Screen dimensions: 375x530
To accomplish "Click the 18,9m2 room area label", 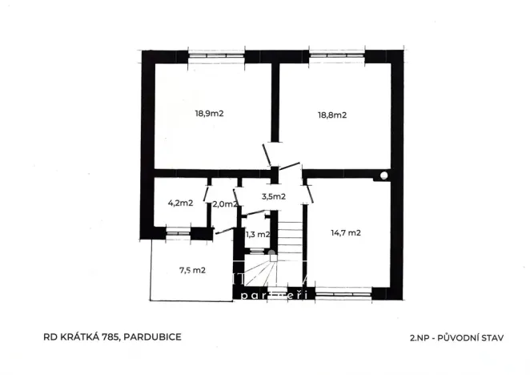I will (209, 114).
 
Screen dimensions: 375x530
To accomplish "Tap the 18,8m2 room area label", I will (331, 115).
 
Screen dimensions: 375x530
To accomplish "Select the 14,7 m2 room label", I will (346, 233).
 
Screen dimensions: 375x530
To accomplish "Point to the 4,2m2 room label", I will (179, 203).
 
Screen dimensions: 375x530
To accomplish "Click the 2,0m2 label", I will (224, 204).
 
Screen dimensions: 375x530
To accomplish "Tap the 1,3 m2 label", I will (257, 234).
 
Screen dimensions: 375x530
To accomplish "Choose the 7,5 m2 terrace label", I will (193, 270).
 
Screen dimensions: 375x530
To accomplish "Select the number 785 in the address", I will (106, 337).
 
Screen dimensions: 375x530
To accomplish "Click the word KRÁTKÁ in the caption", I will (73, 337).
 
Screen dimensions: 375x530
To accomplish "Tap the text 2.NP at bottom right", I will (410, 337).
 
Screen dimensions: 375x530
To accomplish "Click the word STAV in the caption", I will (490, 337).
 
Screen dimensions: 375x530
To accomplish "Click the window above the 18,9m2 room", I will (215, 56).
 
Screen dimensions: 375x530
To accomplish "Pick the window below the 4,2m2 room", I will (178, 234).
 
